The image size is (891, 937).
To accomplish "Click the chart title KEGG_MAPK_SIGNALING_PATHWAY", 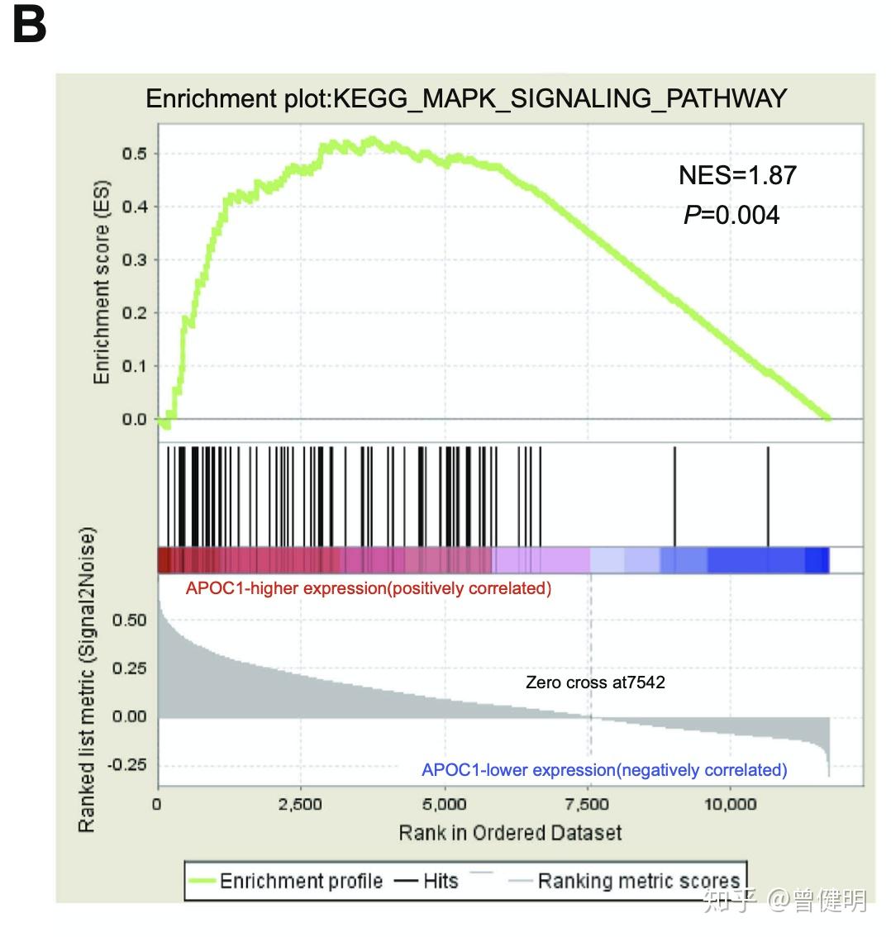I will tap(465, 99).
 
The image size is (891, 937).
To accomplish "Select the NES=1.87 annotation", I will tap(737, 175).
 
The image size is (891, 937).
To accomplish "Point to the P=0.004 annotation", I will tap(731, 216).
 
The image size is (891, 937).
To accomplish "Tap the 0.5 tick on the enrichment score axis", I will tap(135, 154).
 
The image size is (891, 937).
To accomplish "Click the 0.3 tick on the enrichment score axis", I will tap(135, 260).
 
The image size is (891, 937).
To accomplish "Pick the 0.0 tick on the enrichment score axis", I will tap(135, 420).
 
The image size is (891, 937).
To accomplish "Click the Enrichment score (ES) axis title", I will tap(102, 282).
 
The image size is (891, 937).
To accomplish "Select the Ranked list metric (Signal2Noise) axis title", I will tap(87, 678).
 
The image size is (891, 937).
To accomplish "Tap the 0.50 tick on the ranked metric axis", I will tap(130, 621).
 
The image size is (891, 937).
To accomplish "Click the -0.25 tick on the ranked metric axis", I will tap(127, 765).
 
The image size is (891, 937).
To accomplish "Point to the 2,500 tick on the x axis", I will tap(301, 805).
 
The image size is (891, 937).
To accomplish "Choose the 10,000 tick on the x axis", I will tap(730, 805).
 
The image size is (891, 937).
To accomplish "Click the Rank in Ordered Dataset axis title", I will tap(510, 833).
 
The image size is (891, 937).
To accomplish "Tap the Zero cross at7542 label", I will tap(595, 683).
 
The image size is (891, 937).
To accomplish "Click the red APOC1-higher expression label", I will tap(368, 589).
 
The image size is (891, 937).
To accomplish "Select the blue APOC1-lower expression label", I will tap(604, 770).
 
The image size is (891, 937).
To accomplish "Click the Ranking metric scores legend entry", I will tap(638, 882).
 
